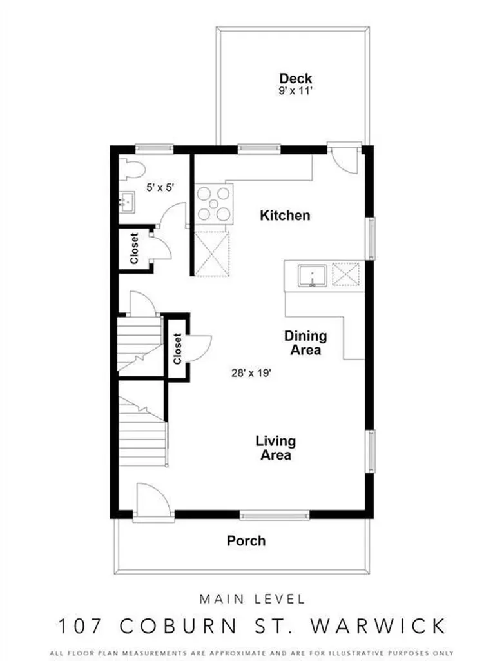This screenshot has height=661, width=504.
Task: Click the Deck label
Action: click(296, 78)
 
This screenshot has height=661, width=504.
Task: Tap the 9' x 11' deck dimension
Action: click(296, 92)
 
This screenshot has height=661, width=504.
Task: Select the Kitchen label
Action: click(285, 215)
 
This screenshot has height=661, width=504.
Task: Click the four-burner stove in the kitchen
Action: click(212, 203)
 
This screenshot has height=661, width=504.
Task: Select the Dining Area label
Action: click(305, 343)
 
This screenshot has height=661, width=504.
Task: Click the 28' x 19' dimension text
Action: click(250, 372)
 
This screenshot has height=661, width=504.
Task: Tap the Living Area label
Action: click(276, 448)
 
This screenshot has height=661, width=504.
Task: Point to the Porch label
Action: click(246, 540)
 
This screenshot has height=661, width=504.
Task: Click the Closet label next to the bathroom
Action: click(135, 249)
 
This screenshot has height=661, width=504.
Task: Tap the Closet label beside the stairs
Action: click(177, 349)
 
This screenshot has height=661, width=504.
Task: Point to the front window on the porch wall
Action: click(263, 515)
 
